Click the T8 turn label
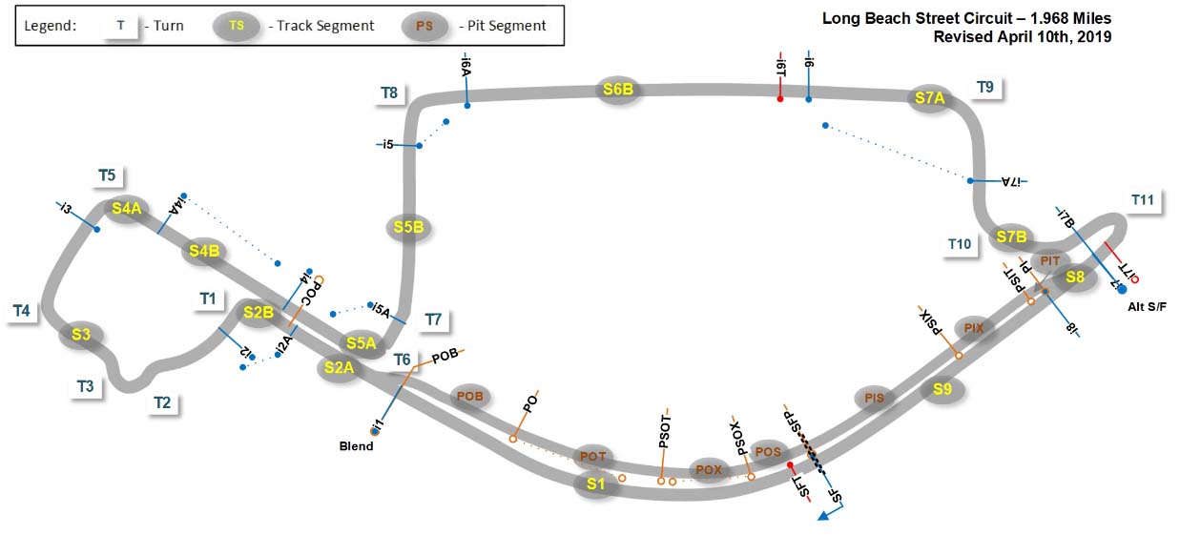pos(389,93)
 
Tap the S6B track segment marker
pos(618,90)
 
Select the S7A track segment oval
pos(929,97)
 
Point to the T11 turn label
pos(1143,199)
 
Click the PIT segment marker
pos(1050,260)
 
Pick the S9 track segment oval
pos(942,388)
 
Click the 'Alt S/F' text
pos(1147,305)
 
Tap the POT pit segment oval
pos(593,457)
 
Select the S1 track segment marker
pos(596,484)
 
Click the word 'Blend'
pos(359,445)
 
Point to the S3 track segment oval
pos(81,334)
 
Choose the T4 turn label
pos(22,310)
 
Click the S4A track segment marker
pos(126,209)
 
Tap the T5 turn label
pos(107,175)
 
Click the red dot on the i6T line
pos(780,99)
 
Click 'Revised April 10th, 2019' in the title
pos(1023,36)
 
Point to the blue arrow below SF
pos(825,515)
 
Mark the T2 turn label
pos(162,402)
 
